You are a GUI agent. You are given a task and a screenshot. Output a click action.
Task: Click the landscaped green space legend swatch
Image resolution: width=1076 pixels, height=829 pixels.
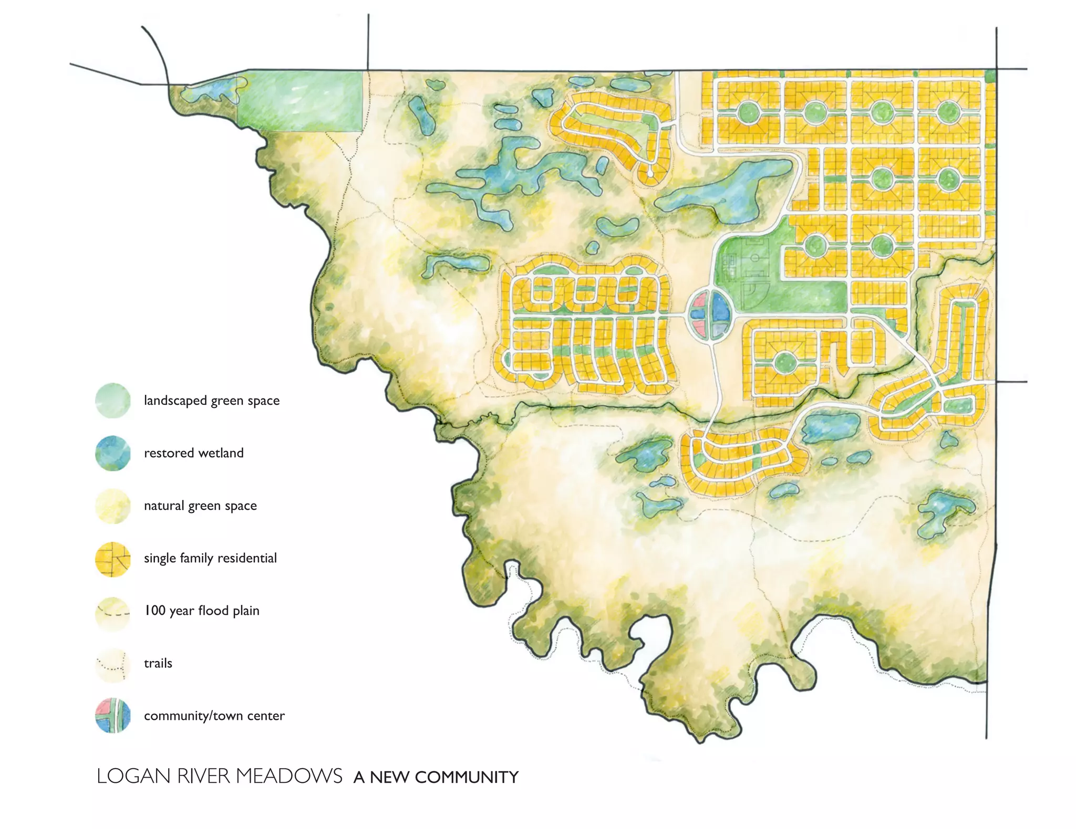tap(112, 401)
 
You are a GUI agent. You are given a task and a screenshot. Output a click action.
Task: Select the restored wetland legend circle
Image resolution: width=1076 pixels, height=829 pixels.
tap(112, 453)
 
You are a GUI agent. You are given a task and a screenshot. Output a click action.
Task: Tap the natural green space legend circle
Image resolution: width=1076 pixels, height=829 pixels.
tap(112, 506)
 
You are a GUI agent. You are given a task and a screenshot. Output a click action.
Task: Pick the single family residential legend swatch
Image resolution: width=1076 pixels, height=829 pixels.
tap(112, 559)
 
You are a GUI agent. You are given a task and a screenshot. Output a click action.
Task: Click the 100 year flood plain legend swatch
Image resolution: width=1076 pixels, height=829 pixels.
tap(112, 612)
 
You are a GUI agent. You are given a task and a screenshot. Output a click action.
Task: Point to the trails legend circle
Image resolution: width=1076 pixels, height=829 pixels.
tap(112, 665)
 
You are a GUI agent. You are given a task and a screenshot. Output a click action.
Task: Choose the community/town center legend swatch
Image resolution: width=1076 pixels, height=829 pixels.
tap(112, 716)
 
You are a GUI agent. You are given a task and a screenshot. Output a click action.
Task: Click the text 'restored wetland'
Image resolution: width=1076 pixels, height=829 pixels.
tap(194, 453)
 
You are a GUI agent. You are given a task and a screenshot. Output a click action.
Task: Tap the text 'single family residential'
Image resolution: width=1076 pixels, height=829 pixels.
tap(210, 558)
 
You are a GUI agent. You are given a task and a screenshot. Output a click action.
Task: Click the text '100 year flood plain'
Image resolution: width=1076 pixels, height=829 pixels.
tap(202, 611)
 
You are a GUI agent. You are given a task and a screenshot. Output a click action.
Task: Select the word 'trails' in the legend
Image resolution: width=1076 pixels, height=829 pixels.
tap(158, 663)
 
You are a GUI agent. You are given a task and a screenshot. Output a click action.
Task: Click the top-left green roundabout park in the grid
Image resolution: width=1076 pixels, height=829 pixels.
tap(748, 112)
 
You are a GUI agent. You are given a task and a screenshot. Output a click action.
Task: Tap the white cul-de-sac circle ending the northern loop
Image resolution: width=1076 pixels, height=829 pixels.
tap(650, 172)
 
